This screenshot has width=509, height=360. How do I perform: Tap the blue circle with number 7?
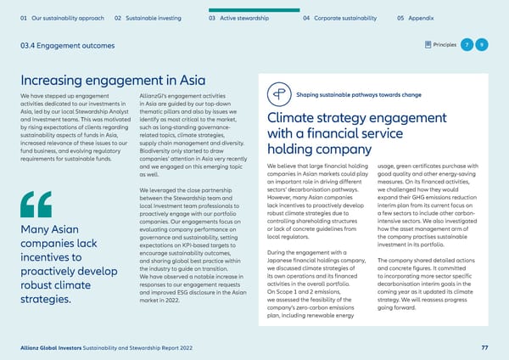[467, 43]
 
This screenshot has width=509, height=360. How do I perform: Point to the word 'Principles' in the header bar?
[444, 43]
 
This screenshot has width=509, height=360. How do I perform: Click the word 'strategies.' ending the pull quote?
[46, 301]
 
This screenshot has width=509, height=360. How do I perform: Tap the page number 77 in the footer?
[484, 347]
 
